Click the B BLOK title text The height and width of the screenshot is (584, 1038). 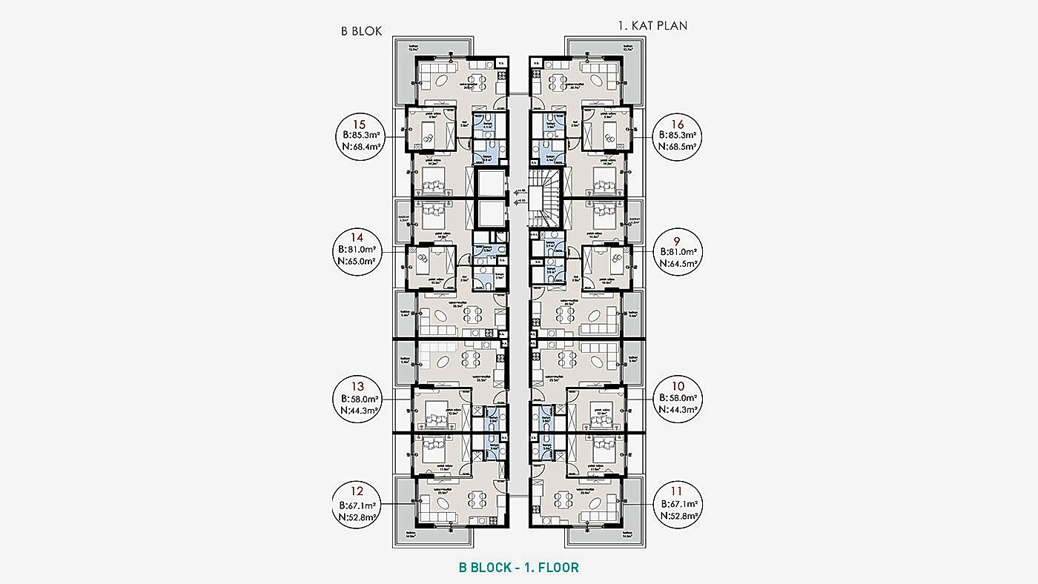coord(361,31)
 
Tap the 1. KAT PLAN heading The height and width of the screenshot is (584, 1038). coord(652,25)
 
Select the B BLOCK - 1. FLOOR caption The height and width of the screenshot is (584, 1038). coord(518,568)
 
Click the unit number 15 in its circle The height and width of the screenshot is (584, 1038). coord(360,124)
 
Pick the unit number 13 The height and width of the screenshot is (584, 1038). coord(360,386)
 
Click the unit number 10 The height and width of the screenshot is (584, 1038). coord(678,386)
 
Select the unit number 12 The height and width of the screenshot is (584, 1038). coord(360,491)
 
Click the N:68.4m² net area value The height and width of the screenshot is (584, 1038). coord(360,147)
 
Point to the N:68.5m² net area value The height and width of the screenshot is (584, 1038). coord(678,147)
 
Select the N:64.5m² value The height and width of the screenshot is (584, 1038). coord(678,262)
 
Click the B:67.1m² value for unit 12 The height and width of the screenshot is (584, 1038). coord(360,504)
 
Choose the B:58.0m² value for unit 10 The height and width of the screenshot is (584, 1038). coord(678,399)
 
